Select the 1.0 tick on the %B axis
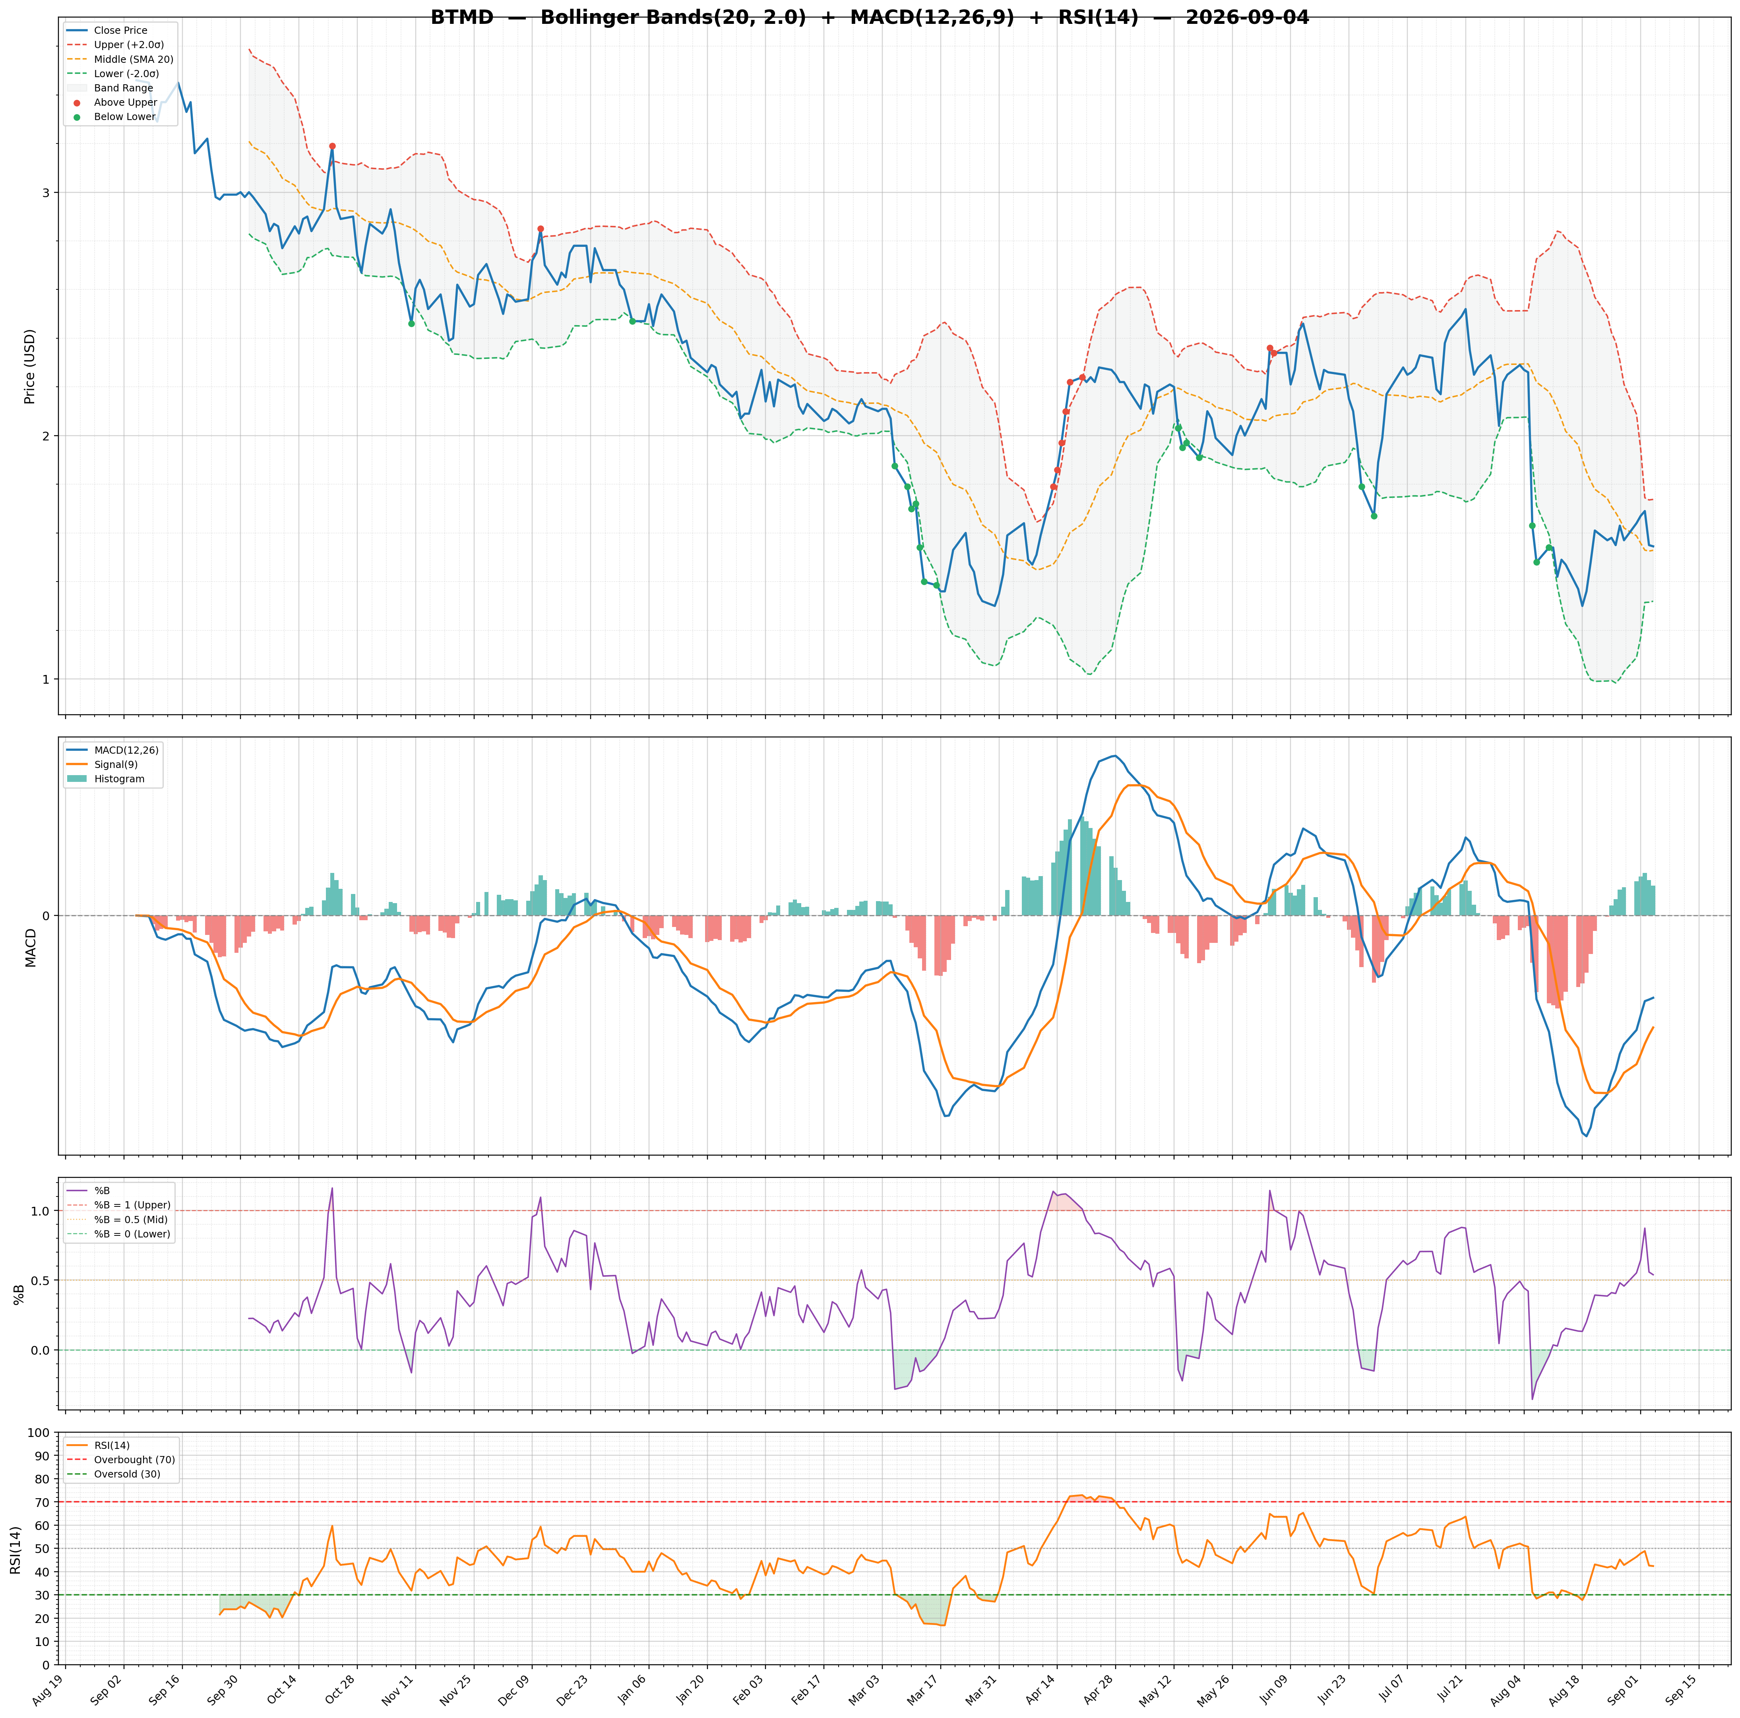41,1211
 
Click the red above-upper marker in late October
332,146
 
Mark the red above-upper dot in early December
541,229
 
